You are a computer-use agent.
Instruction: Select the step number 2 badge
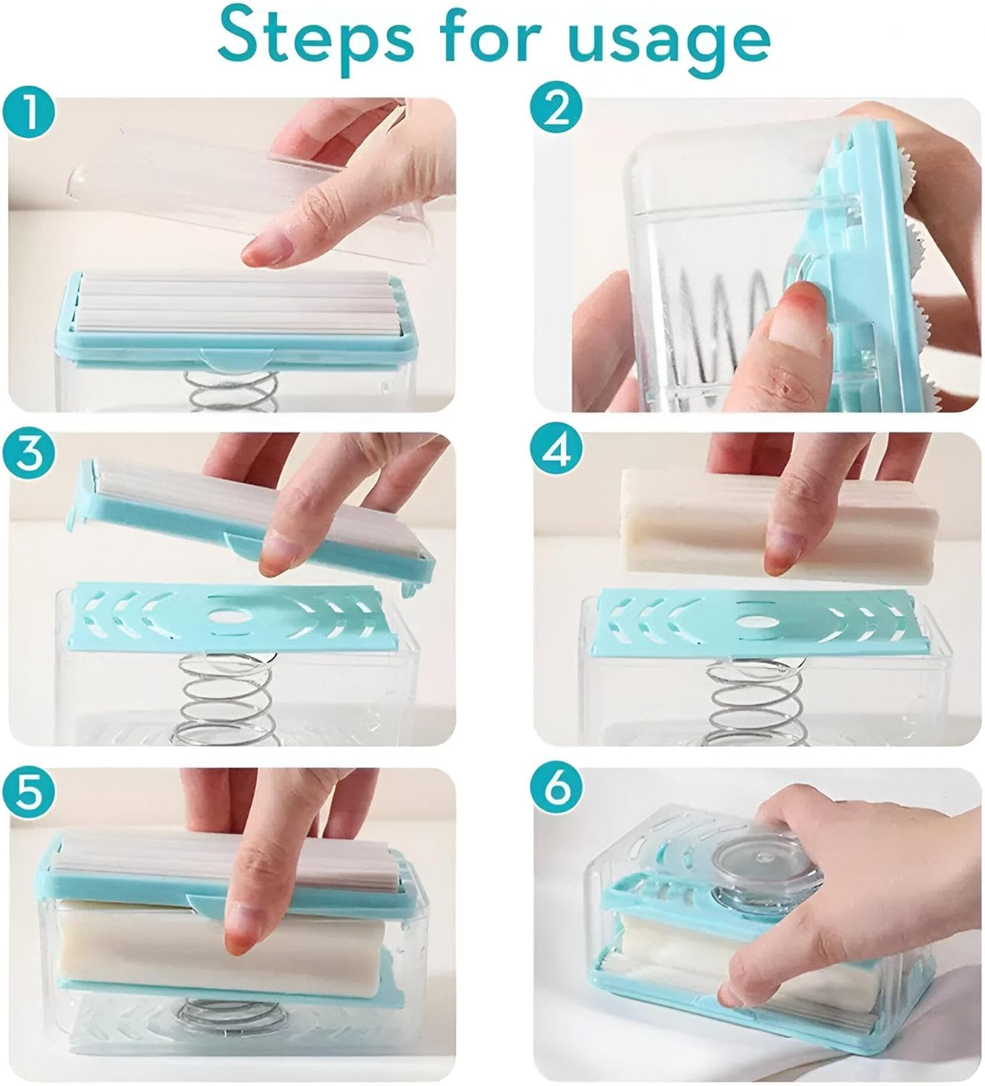[557, 108]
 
